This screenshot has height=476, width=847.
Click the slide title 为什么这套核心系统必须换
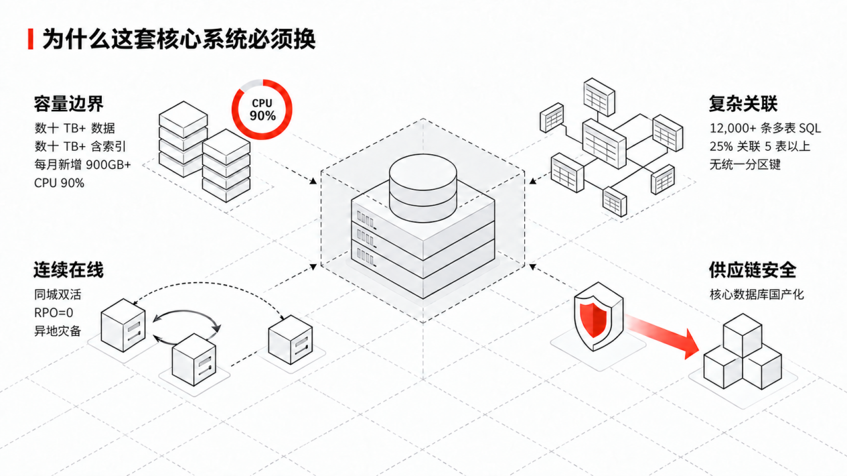coord(179,39)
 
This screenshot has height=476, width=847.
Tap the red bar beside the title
coord(31,39)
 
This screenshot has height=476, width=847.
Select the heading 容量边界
coord(68,103)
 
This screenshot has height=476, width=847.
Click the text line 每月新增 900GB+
coord(82,165)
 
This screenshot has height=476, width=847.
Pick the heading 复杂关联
coord(743,103)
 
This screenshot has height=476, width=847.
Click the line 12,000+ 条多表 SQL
coord(765,128)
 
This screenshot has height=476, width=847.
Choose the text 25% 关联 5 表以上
coord(760,146)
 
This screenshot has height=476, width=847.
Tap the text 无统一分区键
coord(745,165)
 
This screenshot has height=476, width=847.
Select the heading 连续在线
coord(68,270)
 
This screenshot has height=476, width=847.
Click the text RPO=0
coord(54,313)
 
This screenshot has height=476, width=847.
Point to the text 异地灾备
coord(58,331)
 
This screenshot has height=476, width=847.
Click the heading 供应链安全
coord(753,270)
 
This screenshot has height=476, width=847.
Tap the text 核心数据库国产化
coord(757,294)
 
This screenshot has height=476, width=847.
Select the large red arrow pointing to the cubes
coord(662,335)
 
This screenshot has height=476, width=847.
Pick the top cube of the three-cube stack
coord(743,335)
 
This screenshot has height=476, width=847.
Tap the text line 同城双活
coord(58,294)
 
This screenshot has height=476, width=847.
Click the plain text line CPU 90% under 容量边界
coord(59,183)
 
